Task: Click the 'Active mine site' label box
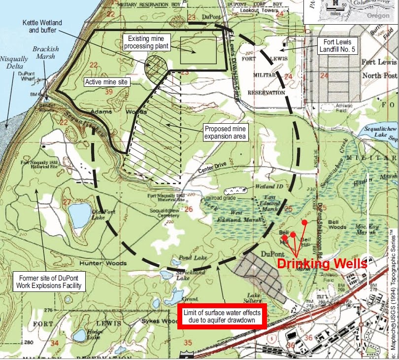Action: pyautogui.click(x=107, y=82)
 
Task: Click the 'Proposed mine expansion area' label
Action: pyautogui.click(x=225, y=131)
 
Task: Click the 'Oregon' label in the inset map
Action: pyautogui.click(x=378, y=16)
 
